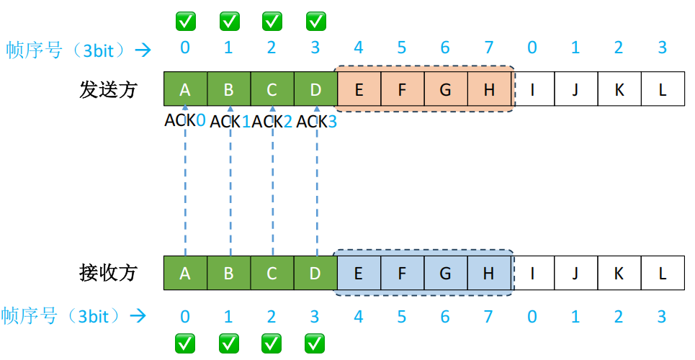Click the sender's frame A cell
(x=185, y=90)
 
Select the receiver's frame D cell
(x=315, y=274)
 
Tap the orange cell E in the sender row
(x=359, y=90)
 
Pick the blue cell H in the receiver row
(x=489, y=274)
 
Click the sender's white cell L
(x=663, y=90)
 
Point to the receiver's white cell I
(x=533, y=274)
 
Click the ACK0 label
(x=185, y=121)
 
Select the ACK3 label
(x=317, y=122)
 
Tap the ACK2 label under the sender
(x=272, y=122)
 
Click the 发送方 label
(x=108, y=90)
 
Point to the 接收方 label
(x=108, y=274)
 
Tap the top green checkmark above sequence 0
(x=185, y=22)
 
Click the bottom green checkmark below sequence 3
(x=315, y=343)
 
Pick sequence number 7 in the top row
(x=489, y=48)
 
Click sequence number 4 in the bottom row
(x=359, y=316)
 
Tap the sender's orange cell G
(x=445, y=90)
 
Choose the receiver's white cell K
(x=620, y=274)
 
